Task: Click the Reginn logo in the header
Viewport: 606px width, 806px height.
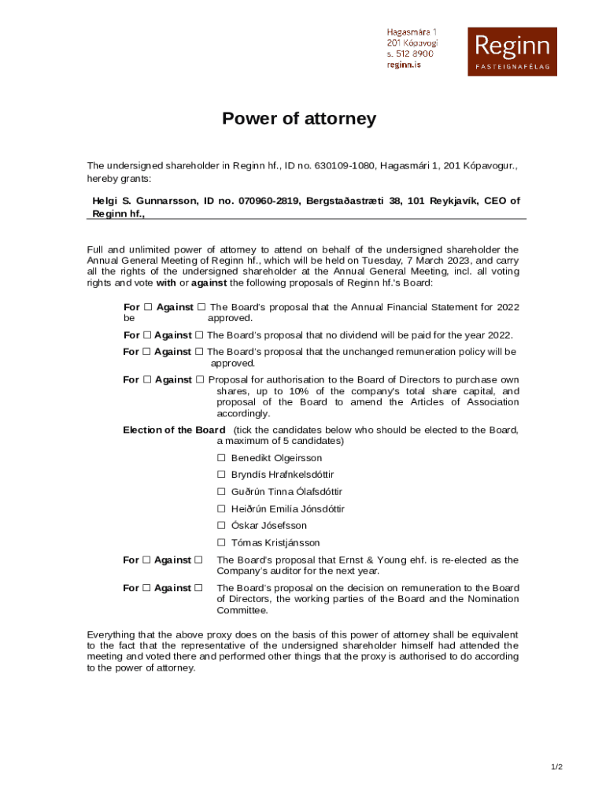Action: (512, 51)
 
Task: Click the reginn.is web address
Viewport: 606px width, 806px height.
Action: (404, 65)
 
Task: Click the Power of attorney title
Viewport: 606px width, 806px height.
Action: (299, 119)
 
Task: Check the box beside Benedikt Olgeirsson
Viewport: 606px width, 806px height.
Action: (221, 458)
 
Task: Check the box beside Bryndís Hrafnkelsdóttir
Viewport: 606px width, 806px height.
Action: (221, 475)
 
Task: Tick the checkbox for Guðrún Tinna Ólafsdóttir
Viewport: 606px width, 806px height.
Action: (221, 492)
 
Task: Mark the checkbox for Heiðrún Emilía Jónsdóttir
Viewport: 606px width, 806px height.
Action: (221, 509)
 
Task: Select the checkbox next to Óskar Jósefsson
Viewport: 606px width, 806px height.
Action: (221, 526)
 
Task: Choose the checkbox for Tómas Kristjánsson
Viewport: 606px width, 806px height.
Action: (221, 543)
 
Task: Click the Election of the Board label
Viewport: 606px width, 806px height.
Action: (174, 430)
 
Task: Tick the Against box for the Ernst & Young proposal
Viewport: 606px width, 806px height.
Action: (198, 560)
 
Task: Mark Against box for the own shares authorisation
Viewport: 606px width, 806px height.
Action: (200, 380)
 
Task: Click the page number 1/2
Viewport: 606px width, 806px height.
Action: (556, 767)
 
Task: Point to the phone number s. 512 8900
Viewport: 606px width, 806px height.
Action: (410, 54)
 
